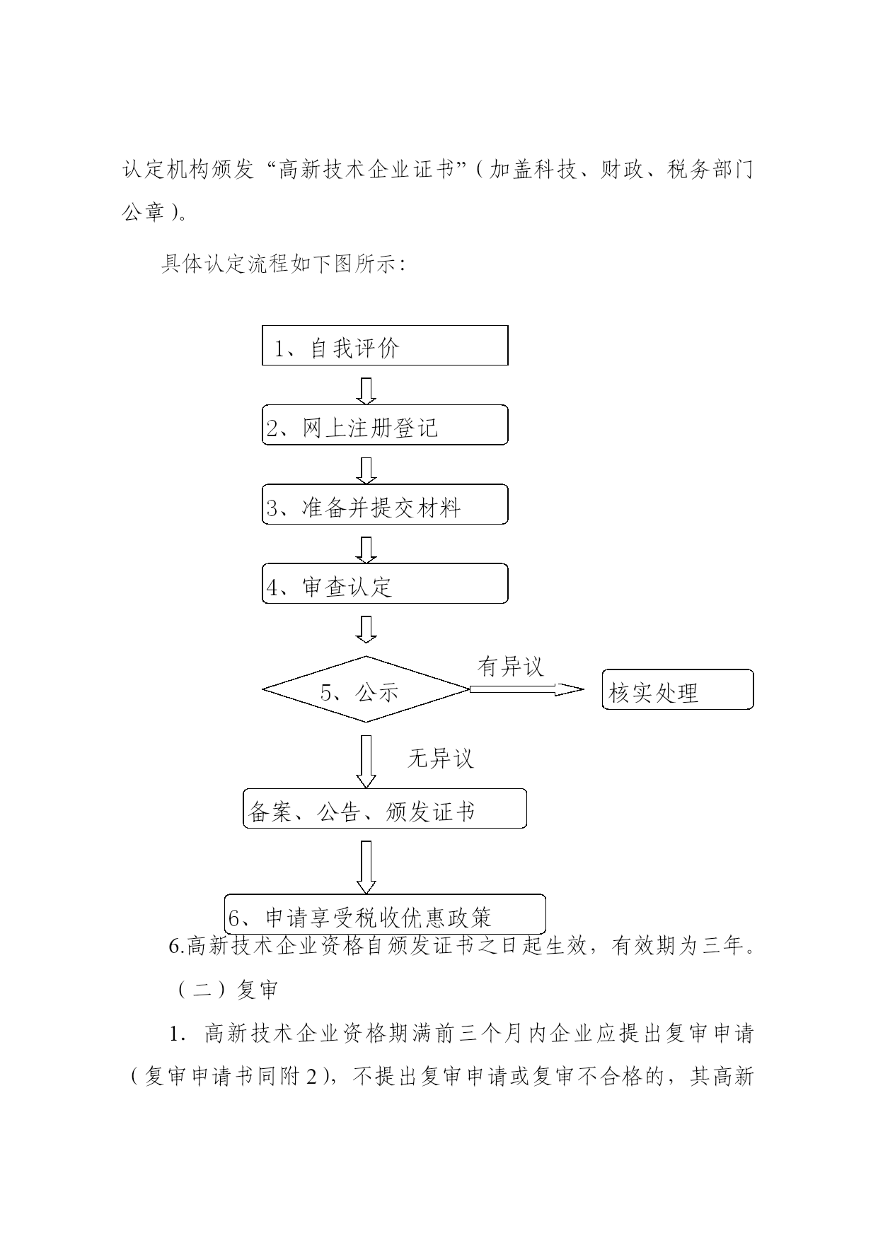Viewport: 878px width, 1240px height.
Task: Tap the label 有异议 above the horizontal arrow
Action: pos(511,666)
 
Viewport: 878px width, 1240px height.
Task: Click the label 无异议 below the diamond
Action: pos(440,759)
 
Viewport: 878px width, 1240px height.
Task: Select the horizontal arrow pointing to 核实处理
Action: pos(527,689)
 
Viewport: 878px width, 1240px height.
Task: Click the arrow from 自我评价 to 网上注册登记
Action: pos(366,391)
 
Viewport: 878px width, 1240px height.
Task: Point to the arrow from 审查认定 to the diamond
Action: pos(366,629)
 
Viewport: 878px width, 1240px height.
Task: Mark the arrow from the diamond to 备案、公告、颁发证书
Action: pos(366,761)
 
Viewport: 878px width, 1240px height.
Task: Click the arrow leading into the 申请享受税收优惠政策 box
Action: pos(366,867)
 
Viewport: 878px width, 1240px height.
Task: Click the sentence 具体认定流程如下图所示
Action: pos(283,264)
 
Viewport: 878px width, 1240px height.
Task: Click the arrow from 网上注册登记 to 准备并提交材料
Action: pos(366,470)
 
